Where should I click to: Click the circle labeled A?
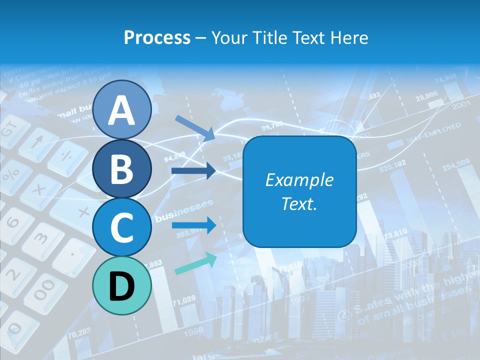click(122, 110)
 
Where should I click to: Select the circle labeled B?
click(122, 168)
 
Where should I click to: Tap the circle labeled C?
click(122, 227)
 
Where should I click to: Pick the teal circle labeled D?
click(122, 285)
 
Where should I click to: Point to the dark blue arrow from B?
click(193, 171)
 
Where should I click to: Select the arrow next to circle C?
click(193, 225)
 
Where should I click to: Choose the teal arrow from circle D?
click(195, 264)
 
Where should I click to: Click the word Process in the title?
click(157, 37)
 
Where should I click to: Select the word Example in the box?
click(299, 180)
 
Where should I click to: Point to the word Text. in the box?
click(299, 203)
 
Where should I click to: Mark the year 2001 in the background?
click(460, 106)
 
